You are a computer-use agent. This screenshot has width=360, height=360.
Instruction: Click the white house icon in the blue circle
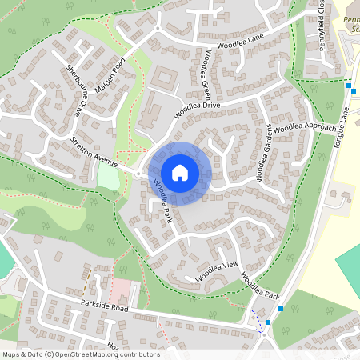coord(180,172)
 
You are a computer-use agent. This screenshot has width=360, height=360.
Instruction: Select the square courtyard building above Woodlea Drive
coord(165,78)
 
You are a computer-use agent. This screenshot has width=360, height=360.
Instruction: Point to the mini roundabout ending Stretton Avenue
coord(139,172)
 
